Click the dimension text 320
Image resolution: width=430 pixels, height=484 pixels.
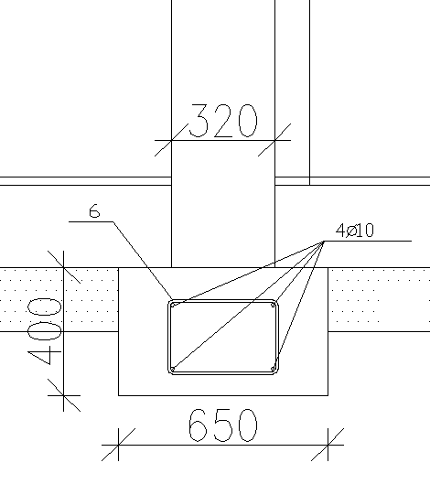point(223,121)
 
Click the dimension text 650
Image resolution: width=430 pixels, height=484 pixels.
point(222,426)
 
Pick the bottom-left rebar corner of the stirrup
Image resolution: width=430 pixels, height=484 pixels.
point(173,369)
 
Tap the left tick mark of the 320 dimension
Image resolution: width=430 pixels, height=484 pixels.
point(172,140)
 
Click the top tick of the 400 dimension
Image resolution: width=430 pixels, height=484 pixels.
point(62,267)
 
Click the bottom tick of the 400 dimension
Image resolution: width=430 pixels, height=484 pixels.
point(62,395)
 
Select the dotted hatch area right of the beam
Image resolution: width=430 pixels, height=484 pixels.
point(377,298)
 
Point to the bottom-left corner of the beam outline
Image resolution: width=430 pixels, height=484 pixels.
point(119,395)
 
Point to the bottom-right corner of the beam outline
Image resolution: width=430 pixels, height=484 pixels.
point(328,395)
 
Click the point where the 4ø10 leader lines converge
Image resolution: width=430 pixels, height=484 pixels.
point(324,241)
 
